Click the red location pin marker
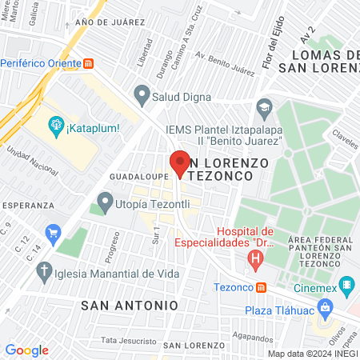coord(178,162)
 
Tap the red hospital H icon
coord(255,258)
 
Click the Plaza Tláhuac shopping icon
coord(325,306)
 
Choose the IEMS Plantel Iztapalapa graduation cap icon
coord(264,106)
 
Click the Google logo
coord(26,350)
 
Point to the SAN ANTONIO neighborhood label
coord(130,305)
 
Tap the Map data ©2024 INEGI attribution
coord(313,353)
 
